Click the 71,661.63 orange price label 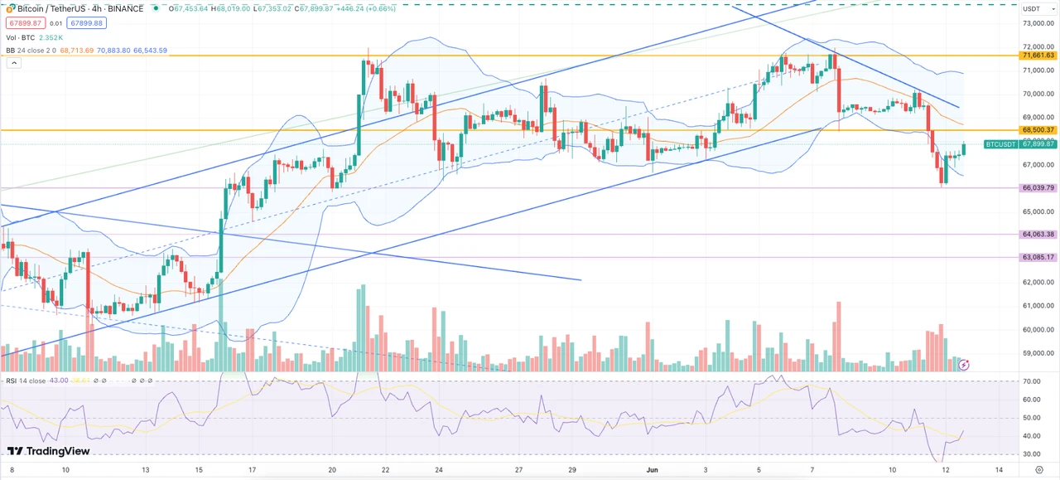[1038, 56]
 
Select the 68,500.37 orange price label [1038, 130]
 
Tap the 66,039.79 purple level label [1038, 188]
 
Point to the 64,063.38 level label [1038, 235]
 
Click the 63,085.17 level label [1038, 257]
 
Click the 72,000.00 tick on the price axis [1038, 47]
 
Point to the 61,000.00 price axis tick [1038, 306]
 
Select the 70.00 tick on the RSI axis [1031, 382]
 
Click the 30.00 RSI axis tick [1031, 454]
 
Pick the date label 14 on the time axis [999, 470]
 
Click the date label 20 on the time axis [331, 470]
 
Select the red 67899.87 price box [23, 23]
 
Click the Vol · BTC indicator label [21, 37]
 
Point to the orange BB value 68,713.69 [76, 51]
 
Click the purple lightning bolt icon [964, 364]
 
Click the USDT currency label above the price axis [1032, 8]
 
